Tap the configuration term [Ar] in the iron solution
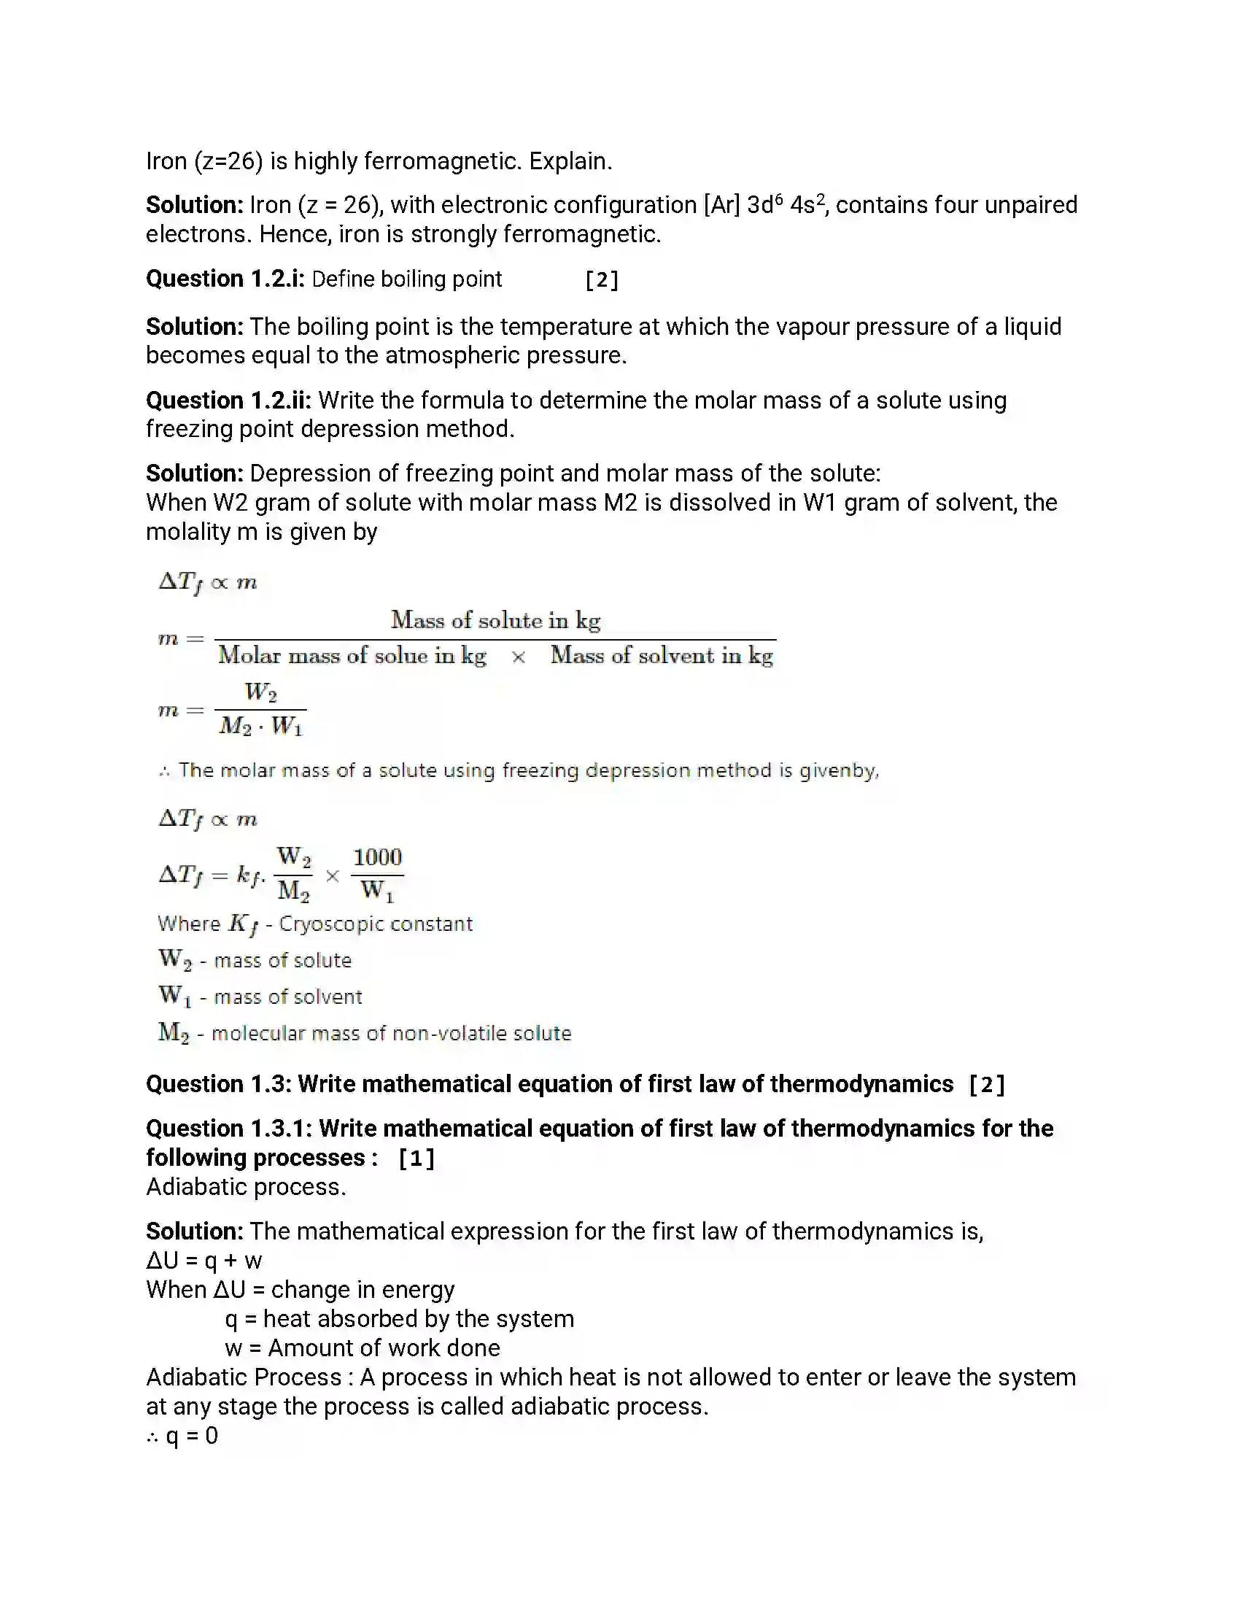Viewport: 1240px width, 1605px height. [x=721, y=205]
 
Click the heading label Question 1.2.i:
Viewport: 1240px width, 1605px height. [x=225, y=279]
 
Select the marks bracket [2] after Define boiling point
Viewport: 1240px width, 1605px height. [x=602, y=280]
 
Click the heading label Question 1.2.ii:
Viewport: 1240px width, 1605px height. [x=228, y=401]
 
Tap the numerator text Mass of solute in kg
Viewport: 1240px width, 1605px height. [x=495, y=620]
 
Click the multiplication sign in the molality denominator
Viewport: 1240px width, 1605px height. [x=518, y=657]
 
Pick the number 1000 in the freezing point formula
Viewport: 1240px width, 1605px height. [x=378, y=858]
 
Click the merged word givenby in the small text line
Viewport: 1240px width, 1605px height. [x=838, y=771]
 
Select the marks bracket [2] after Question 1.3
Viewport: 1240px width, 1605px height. [x=986, y=1085]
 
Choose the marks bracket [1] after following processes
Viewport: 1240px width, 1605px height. [x=416, y=1159]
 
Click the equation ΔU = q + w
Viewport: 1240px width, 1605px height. [x=204, y=1261]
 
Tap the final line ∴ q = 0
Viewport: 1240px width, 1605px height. [x=182, y=1436]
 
